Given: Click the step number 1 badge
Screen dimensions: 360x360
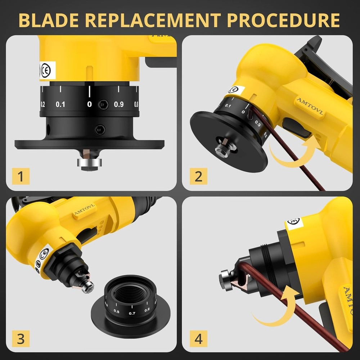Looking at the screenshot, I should (x=21, y=176).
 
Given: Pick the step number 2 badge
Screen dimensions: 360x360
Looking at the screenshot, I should (x=198, y=176).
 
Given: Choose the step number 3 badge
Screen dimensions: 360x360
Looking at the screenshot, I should (x=21, y=339).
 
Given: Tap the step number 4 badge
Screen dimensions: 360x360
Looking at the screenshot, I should (x=198, y=339).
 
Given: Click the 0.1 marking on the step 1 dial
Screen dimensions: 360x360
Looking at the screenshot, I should (x=60, y=105).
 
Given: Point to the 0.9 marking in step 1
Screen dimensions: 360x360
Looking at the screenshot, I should (x=119, y=105).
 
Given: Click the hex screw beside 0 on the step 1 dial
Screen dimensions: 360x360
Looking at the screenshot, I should (x=103, y=105).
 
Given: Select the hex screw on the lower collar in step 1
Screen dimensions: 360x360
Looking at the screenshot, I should (x=99, y=129).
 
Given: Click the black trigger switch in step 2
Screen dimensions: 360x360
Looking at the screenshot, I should (x=297, y=128).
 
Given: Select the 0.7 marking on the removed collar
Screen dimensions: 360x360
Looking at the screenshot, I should (x=132, y=313).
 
